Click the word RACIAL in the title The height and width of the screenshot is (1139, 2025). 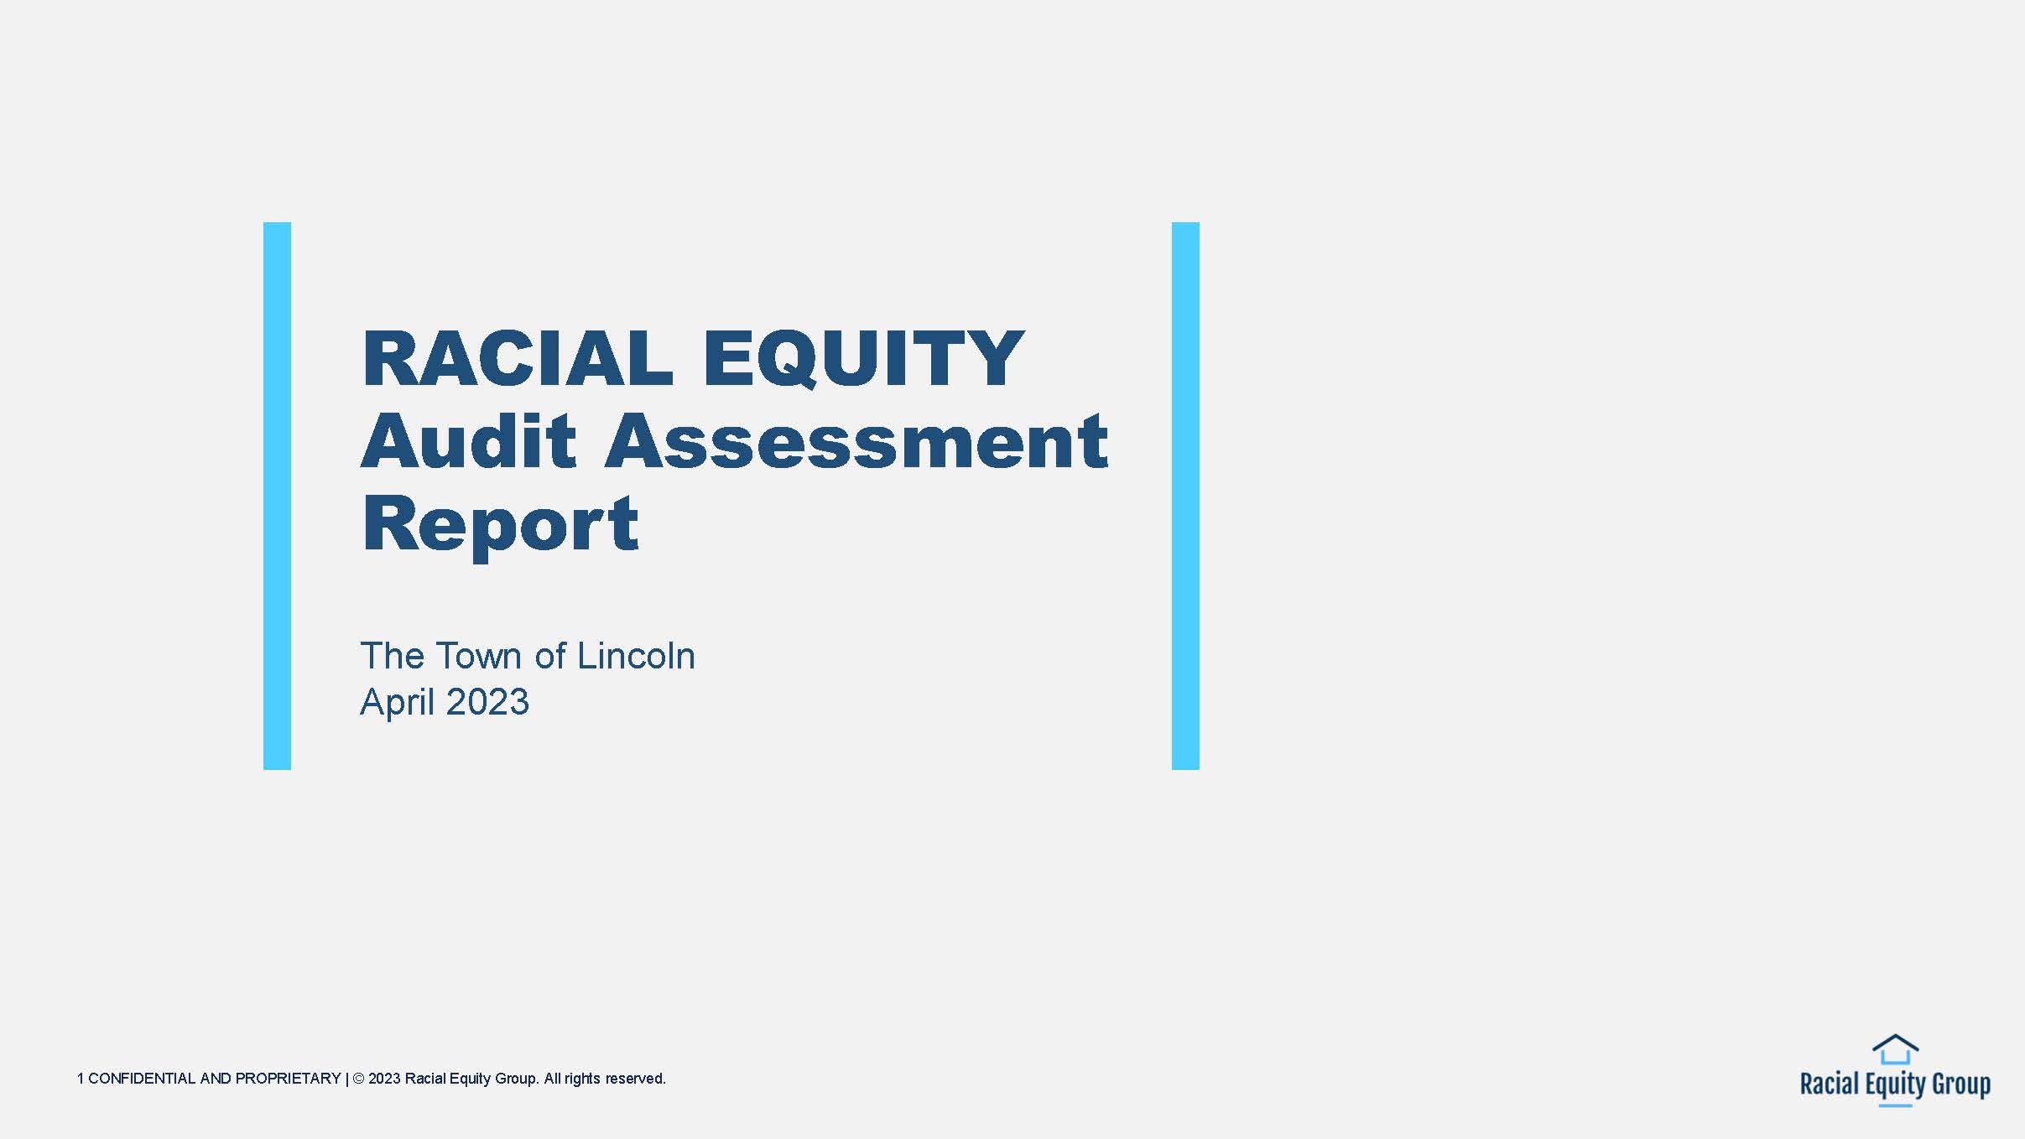517,358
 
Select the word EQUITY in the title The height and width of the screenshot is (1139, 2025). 864,360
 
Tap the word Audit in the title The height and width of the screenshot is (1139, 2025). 469,440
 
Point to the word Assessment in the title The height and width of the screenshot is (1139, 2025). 856,441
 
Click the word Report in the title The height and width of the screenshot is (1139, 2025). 500,525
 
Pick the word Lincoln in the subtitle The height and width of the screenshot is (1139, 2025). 636,656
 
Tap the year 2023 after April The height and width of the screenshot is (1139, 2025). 487,702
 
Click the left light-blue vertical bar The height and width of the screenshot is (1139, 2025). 277,496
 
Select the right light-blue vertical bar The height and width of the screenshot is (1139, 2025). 1185,496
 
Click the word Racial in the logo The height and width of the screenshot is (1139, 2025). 1830,1084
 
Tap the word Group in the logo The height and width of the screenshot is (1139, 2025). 1961,1084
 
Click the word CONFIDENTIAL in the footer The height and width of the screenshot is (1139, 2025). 142,1079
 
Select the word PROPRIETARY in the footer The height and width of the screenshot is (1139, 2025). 288,1079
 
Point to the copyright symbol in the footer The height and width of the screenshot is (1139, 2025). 358,1079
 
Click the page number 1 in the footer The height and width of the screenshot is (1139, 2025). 81,1079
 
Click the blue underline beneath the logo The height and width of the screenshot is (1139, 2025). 1895,1105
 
